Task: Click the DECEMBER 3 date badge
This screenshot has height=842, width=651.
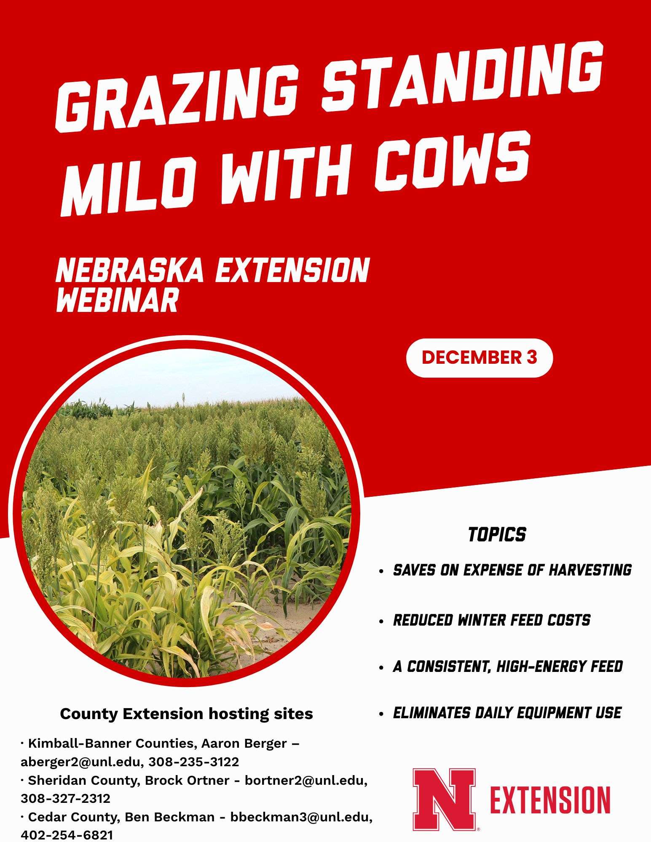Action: (479, 357)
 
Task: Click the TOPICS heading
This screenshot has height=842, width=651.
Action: (497, 535)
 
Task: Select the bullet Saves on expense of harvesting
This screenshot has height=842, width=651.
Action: (512, 570)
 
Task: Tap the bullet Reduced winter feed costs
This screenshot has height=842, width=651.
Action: (491, 620)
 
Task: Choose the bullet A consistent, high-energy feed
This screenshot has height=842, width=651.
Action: (507, 666)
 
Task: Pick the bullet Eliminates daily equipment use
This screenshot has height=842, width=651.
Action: (507, 713)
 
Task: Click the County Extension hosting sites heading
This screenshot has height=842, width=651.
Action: (186, 714)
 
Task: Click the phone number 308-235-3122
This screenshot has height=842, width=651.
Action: (193, 762)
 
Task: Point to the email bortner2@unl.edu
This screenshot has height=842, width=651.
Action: (306, 780)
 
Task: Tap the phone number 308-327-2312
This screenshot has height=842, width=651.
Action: (65, 798)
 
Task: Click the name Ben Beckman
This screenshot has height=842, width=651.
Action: (169, 817)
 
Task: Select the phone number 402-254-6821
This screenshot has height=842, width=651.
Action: (67, 835)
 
